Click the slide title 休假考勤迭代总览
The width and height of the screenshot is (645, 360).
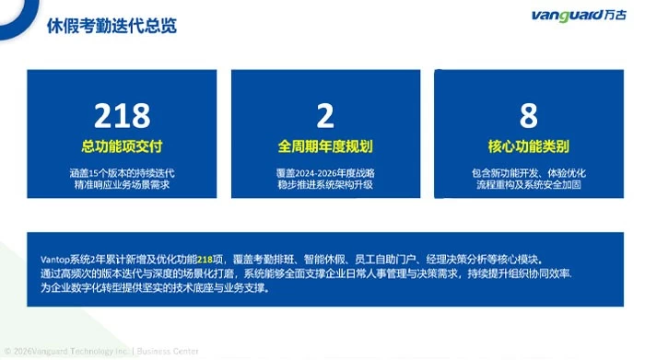pos(111,26)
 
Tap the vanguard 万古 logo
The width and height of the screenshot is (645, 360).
pos(579,16)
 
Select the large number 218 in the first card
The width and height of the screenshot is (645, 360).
pos(123,115)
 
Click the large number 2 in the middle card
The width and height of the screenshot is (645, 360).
pos(325,115)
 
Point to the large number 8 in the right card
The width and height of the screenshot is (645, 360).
pos(529,115)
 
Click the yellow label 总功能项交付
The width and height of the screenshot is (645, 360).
pos(123,146)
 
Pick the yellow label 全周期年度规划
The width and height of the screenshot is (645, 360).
pos(325,146)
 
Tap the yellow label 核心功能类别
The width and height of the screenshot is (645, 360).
pos(529,146)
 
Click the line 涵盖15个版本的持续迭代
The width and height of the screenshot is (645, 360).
pos(123,173)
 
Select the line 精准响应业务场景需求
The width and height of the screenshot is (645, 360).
pos(123,184)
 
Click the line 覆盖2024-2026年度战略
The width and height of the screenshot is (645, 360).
pos(325,173)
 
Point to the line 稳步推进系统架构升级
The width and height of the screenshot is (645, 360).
pos(325,184)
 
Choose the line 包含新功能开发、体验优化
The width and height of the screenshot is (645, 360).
pos(529,173)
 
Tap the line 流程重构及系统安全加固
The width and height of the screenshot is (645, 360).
pos(529,184)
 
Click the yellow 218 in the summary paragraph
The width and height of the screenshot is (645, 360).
pos(205,260)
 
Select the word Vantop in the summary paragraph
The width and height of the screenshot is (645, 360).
pos(55,260)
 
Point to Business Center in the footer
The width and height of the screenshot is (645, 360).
pos(168,352)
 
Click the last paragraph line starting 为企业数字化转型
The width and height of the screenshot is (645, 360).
pos(156,288)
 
